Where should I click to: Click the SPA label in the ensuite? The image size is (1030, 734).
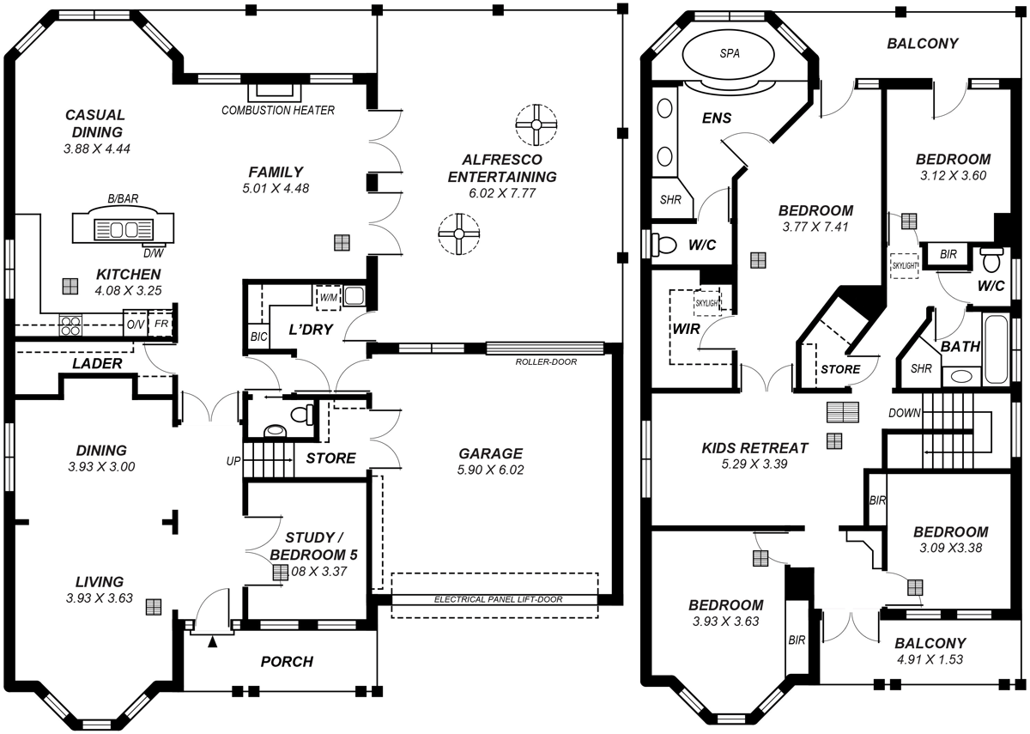pos(729,53)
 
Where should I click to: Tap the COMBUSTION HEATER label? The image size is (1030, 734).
pos(278,110)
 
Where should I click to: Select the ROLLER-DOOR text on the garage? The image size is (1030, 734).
pos(546,361)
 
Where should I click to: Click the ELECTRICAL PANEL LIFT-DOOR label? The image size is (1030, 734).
pos(498,599)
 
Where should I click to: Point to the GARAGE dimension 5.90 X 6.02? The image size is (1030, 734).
pos(490,470)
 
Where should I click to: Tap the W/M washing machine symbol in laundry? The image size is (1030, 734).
pos(328,298)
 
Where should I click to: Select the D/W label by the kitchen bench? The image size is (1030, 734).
pos(153,252)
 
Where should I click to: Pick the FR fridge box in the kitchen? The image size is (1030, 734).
pos(161,325)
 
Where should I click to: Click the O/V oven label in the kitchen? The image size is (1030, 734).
pos(135,325)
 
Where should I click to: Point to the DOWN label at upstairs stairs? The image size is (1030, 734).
pos(905,413)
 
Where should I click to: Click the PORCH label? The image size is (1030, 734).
pos(287,662)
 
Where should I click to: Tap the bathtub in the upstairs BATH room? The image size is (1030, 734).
pos(998,350)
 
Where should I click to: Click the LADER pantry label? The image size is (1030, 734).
pos(96,364)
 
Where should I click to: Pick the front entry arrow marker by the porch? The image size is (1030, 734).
pos(214,640)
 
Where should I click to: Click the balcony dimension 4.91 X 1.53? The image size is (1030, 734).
pos(930,659)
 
